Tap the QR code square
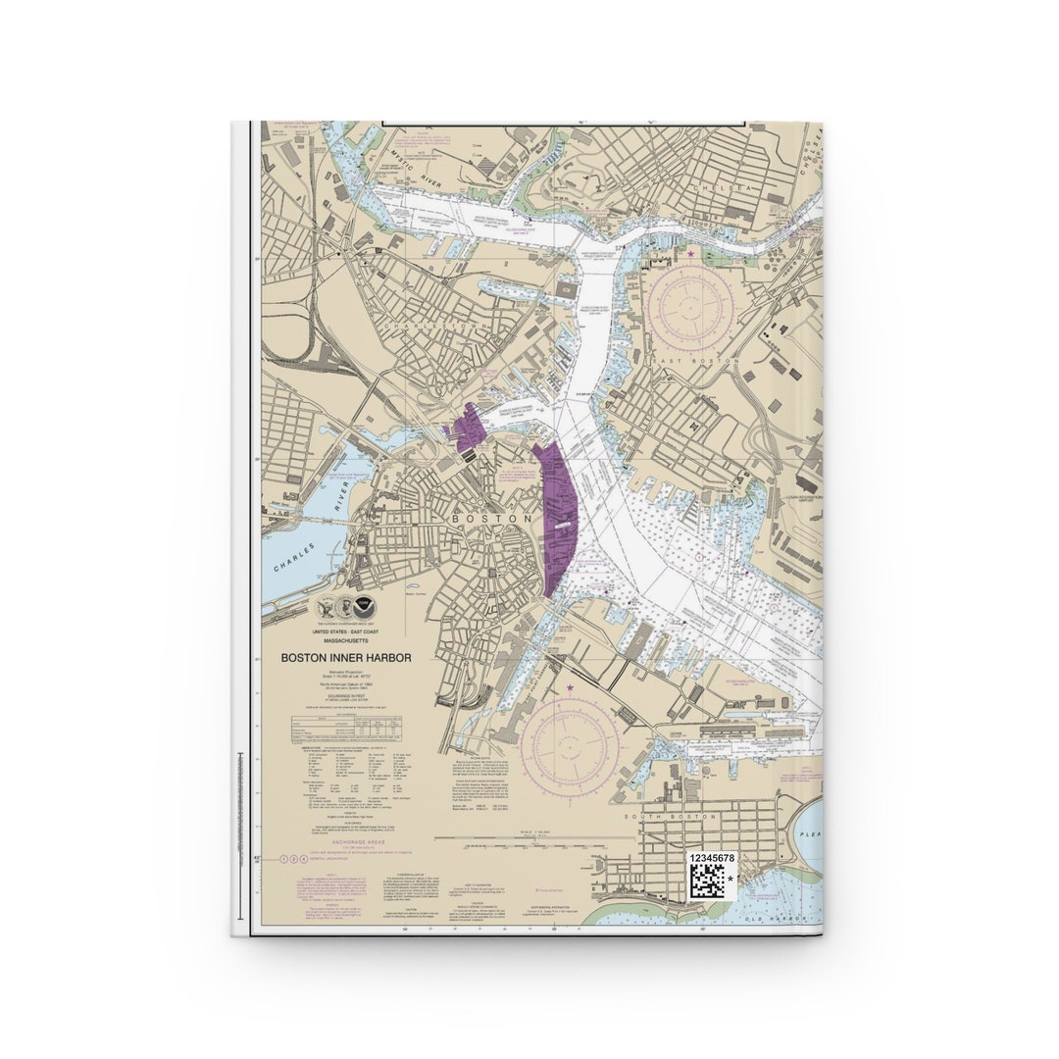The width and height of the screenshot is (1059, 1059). pos(706,881)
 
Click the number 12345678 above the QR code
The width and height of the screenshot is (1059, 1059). pos(711,857)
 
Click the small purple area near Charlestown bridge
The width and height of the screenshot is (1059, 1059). pos(468,429)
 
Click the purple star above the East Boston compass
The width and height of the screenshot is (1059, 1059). pos(690,254)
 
